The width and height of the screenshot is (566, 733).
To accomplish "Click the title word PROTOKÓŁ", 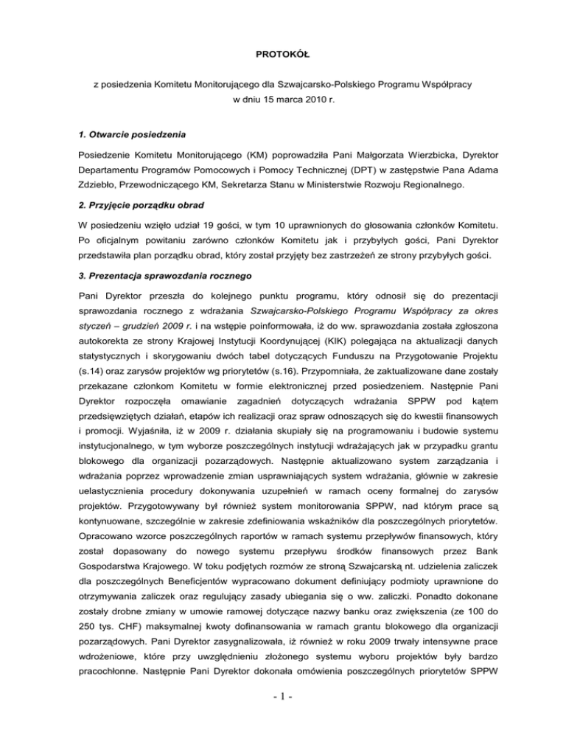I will tap(282, 54).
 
